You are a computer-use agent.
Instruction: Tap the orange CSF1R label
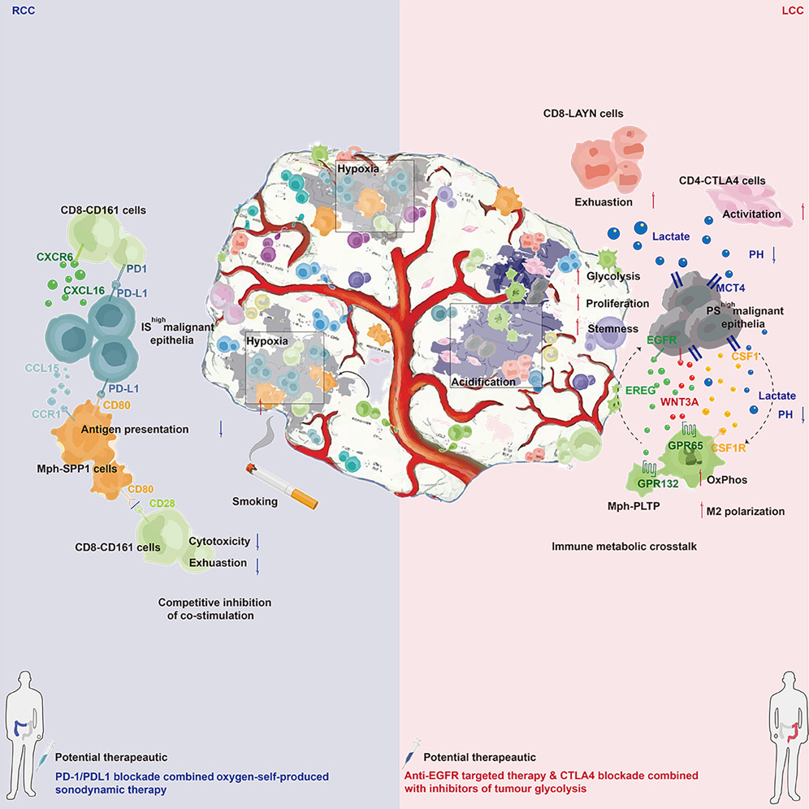[x=729, y=446]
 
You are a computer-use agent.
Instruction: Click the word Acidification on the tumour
[x=484, y=382]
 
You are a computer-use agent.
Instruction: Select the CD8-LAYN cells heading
[x=583, y=114]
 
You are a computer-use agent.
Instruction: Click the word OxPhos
[x=729, y=479]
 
